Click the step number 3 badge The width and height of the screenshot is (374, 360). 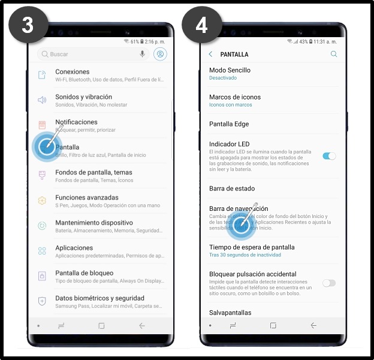[27, 25]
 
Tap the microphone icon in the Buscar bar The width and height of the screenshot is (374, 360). [143, 54]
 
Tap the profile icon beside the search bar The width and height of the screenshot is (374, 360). [160, 54]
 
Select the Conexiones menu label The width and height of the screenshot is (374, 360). [72, 72]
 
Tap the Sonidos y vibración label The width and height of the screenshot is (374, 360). [83, 97]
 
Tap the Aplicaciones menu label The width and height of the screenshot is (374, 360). [74, 248]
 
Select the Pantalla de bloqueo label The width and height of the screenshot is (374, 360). [85, 273]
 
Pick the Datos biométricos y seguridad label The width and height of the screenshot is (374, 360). [99, 298]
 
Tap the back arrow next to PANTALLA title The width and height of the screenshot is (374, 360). [210, 55]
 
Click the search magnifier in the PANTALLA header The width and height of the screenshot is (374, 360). [334, 55]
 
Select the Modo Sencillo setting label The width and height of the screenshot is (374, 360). [230, 70]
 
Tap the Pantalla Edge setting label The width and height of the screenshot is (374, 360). [229, 124]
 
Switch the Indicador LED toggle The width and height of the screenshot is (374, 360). [329, 156]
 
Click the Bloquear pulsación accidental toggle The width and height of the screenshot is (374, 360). [329, 283]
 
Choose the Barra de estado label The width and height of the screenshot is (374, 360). [232, 189]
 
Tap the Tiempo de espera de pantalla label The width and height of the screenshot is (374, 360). [252, 247]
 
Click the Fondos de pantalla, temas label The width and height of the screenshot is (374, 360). [93, 173]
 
